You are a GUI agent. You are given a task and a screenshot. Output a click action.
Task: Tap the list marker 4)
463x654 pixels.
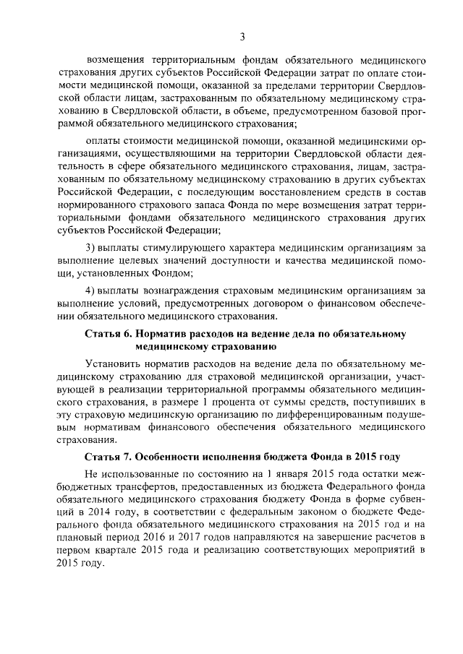92,290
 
